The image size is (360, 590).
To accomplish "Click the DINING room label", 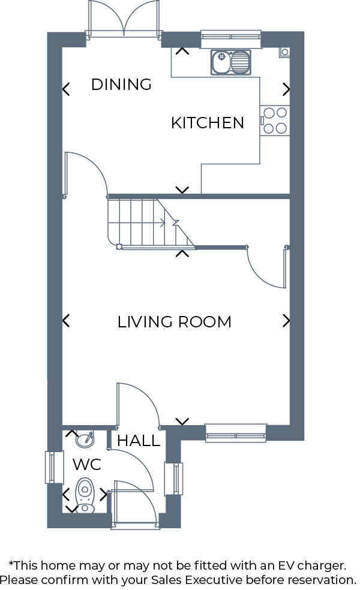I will (121, 85).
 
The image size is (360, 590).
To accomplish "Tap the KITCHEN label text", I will (208, 123).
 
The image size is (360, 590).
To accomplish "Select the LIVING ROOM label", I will (174, 322).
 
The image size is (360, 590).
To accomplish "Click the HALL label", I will (139, 441).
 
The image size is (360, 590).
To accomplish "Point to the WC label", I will (86, 464).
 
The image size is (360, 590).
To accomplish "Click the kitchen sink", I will (231, 61).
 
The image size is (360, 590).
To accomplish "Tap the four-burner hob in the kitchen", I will (275, 120).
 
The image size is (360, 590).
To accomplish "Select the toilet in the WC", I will (86, 494).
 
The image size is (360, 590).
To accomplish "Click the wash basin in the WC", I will (84, 440).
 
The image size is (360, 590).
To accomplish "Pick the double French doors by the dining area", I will (124, 19).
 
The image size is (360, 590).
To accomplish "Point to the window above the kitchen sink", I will (231, 39).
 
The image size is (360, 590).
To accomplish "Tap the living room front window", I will (236, 432).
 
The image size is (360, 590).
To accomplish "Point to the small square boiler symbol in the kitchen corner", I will (284, 52).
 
